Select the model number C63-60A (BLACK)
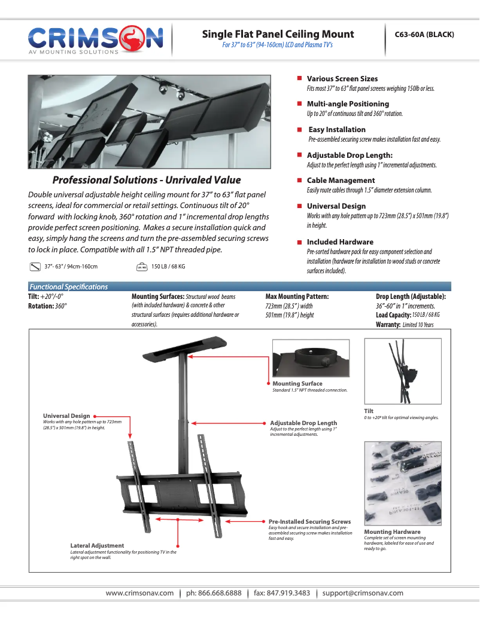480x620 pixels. click(424, 34)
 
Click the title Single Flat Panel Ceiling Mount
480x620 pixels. click(278, 34)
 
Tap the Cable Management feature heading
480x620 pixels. click(341, 181)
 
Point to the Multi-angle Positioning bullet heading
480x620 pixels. click(348, 104)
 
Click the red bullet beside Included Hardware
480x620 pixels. click(299, 242)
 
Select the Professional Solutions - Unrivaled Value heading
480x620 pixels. click(147, 180)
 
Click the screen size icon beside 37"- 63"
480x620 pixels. click(34, 267)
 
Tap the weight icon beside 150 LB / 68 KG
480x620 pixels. click(142, 267)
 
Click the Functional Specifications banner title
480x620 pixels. click(69, 287)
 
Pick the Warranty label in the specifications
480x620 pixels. click(388, 324)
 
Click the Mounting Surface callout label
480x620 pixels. click(297, 384)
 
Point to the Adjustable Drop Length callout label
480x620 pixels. click(303, 423)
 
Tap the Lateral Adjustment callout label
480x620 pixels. click(97, 545)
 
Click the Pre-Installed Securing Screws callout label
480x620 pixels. click(309, 522)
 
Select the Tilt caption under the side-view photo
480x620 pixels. click(369, 411)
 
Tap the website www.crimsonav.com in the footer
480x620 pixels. click(139, 593)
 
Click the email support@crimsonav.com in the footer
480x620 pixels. click(363, 593)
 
